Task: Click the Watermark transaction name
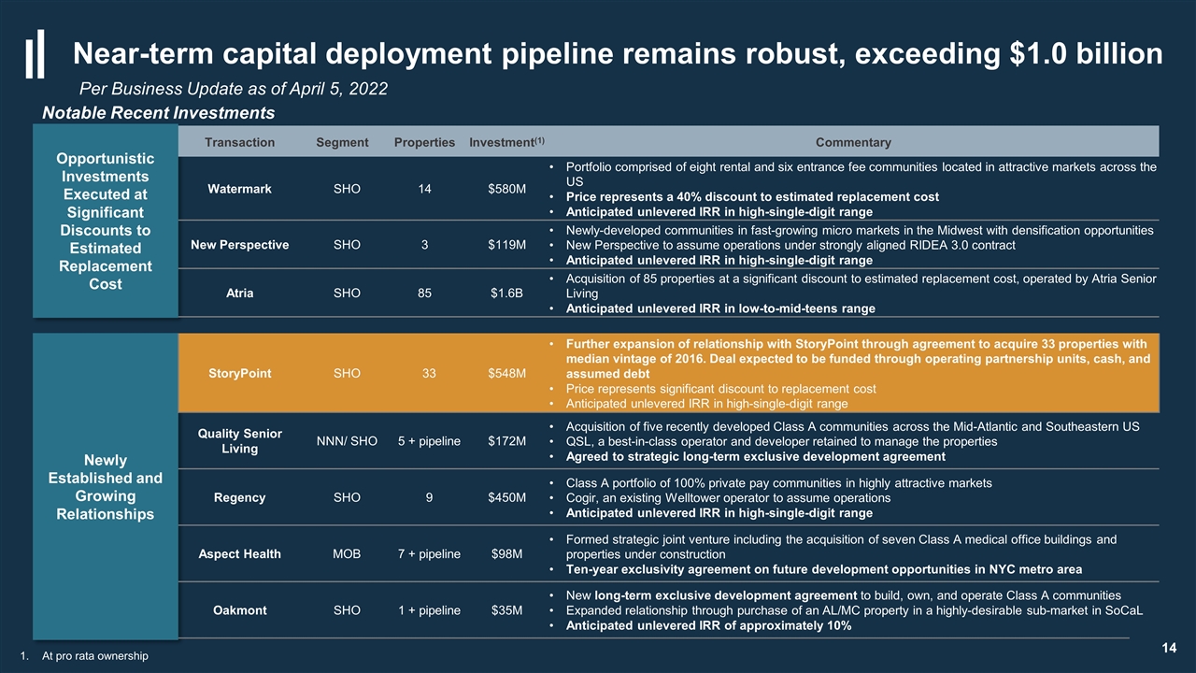[239, 189]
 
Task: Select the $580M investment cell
[506, 189]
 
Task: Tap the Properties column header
[424, 142]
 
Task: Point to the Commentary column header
[853, 142]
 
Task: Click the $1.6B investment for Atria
[506, 293]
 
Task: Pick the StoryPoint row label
[240, 373]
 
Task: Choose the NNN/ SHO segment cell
[347, 440]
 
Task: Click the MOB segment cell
[347, 554]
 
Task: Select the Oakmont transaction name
[240, 610]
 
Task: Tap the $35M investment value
[506, 610]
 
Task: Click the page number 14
[1169, 648]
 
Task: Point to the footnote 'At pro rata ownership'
[95, 656]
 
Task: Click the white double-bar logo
[36, 54]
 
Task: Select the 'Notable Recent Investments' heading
[158, 113]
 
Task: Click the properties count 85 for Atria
[424, 293]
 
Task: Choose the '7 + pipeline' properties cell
[429, 554]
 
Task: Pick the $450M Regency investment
[506, 497]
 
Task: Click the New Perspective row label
[240, 245]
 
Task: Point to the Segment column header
[342, 142]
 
